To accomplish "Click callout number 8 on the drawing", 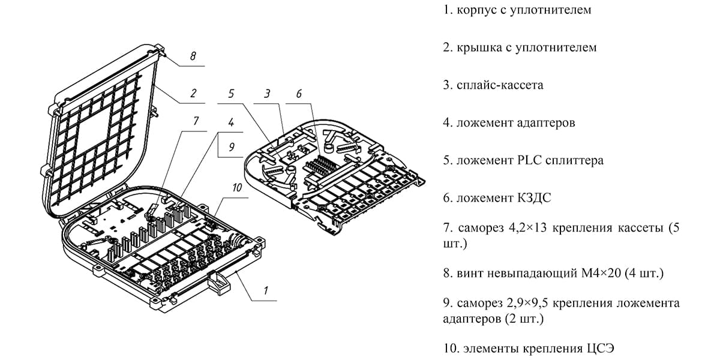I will [x=193, y=56].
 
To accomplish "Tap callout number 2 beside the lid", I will [x=193, y=94].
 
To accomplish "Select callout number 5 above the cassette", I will [x=231, y=94].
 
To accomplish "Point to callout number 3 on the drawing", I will [x=268, y=94].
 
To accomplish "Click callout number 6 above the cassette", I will [x=299, y=94].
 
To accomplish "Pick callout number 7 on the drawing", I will [x=195, y=121].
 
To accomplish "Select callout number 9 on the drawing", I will [x=230, y=146].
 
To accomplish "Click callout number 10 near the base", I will [x=237, y=188].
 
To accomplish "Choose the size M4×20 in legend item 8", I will [x=601, y=274].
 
